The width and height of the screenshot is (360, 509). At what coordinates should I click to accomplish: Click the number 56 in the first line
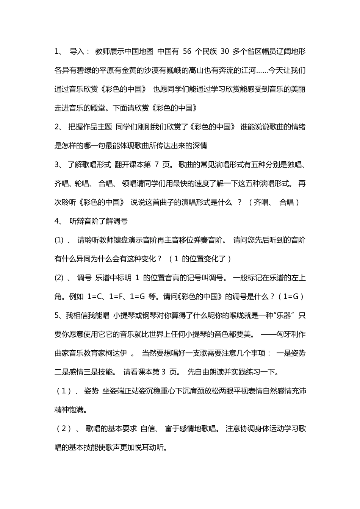[x=187, y=52]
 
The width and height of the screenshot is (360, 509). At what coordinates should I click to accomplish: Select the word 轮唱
[x=81, y=184]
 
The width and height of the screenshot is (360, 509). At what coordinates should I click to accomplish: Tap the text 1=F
[x=117, y=297]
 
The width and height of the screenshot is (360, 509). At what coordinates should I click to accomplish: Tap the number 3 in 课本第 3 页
[x=164, y=372]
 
